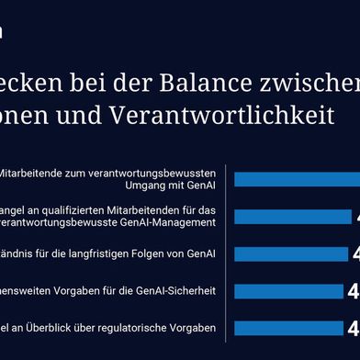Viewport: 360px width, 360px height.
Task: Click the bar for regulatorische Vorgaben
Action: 291,303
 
